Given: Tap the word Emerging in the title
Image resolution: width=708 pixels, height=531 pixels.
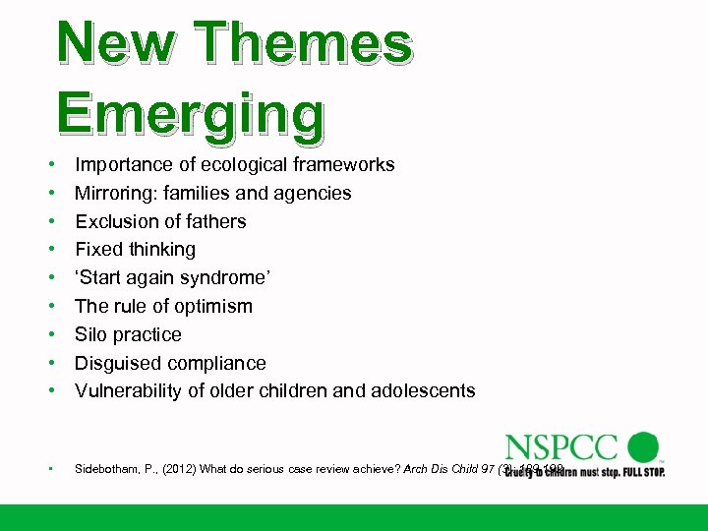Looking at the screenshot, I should point(191,114).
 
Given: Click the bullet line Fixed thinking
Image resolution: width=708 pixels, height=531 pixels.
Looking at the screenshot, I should point(136,249).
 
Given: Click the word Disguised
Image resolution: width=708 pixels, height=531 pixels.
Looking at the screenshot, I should point(117,363).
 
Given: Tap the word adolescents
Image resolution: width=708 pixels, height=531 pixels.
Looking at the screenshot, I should point(422,390).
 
